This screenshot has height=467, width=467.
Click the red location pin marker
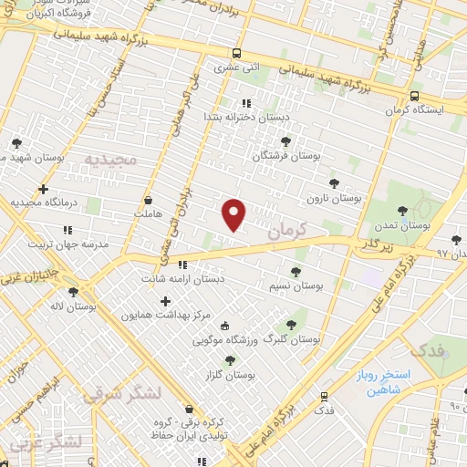coord(234,214)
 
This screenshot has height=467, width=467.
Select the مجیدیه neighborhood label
coord(110,159)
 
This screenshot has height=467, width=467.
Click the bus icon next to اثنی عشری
coord(236,53)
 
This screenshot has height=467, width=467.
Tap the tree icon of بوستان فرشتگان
coord(286,141)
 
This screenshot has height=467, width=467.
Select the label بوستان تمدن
coord(407,224)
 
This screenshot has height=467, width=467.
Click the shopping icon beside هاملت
coord(148,200)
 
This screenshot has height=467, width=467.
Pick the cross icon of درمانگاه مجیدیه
coord(43,189)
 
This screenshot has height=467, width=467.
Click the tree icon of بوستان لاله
coord(72,292)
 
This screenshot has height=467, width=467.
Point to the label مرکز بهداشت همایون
coord(171,315)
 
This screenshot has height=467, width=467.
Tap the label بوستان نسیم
coord(295,285)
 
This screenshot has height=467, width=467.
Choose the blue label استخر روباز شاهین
coord(386,382)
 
